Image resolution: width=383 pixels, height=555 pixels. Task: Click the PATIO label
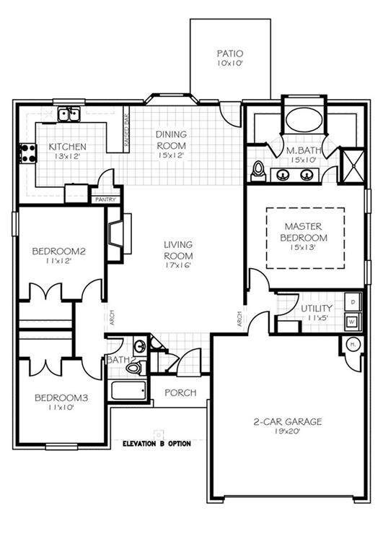point(230,53)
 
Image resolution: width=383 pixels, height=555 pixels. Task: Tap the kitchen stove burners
point(28,152)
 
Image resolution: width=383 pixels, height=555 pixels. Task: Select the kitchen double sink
point(69,114)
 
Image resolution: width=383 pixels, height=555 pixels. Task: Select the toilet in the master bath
point(258,171)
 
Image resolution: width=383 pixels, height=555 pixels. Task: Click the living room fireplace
point(115,233)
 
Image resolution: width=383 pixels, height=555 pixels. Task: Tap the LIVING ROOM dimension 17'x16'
point(177,265)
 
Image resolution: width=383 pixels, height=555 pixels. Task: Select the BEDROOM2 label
point(59,251)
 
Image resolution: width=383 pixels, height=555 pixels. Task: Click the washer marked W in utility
point(353,320)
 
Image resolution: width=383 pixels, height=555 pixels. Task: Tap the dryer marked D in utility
point(353,300)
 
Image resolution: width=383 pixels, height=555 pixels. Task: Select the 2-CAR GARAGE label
point(287,421)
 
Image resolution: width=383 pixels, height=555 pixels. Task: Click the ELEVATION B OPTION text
point(157,443)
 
